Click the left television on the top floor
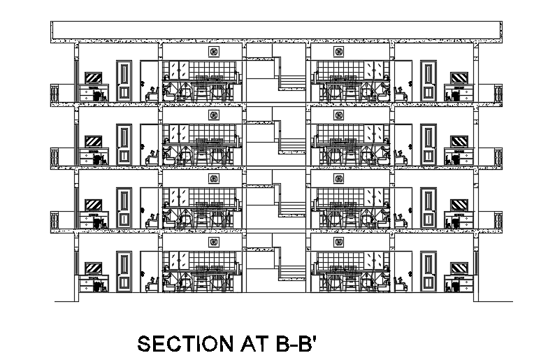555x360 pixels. [94, 78]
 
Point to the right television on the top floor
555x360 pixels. [459, 78]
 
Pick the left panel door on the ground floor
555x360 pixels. [124, 273]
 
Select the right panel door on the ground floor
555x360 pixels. [428, 273]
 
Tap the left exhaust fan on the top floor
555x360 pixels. [213, 52]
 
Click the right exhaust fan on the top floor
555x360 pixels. [338, 52]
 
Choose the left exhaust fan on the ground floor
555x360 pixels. [213, 242]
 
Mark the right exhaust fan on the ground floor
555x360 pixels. [338, 242]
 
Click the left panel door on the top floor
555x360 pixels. [124, 81]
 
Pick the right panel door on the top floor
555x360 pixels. [428, 81]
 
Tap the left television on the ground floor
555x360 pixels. [94, 268]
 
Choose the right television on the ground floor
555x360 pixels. [459, 268]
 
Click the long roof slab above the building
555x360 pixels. [277, 31]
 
